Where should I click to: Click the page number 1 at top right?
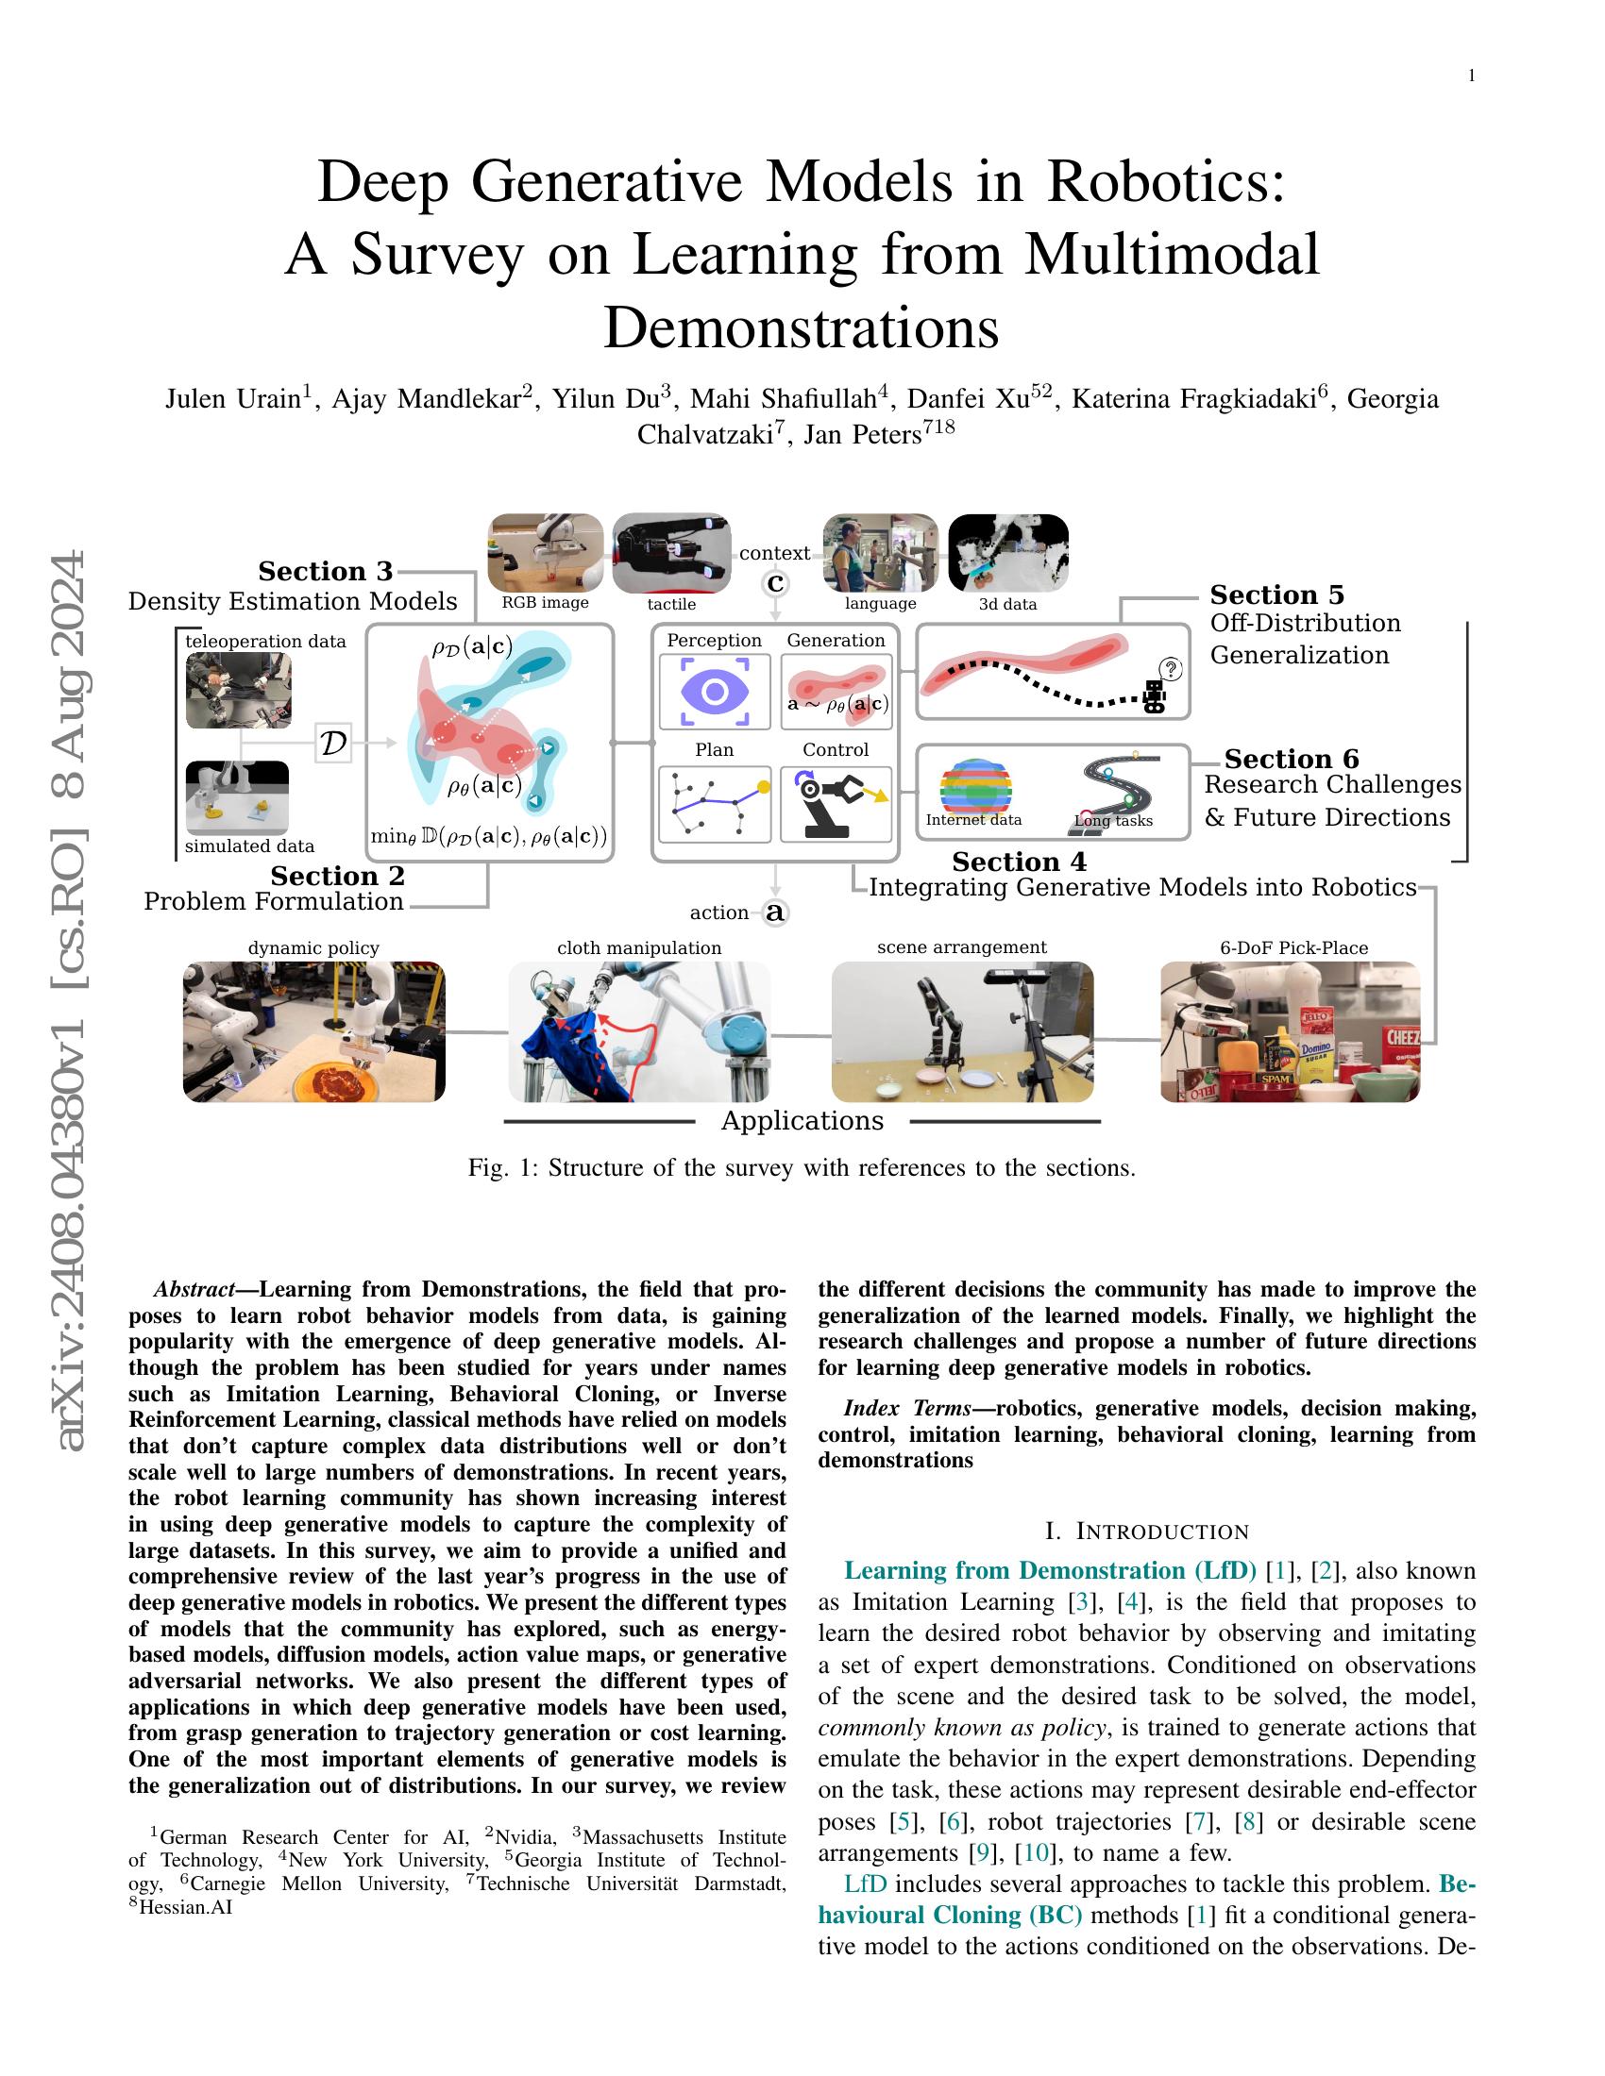click(1472, 76)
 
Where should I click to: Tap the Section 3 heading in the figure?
click(325, 571)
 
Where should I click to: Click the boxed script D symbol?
click(332, 744)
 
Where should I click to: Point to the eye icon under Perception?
click(714, 691)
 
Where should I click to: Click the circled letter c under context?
click(776, 582)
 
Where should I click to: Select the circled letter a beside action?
click(776, 912)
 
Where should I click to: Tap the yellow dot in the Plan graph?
click(763, 787)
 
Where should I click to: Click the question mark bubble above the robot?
click(1172, 670)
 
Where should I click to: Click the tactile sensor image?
click(671, 552)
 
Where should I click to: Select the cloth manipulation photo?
click(639, 1031)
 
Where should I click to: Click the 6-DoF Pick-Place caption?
click(1293, 947)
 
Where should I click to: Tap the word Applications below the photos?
click(802, 1121)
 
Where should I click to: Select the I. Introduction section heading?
click(1146, 1532)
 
